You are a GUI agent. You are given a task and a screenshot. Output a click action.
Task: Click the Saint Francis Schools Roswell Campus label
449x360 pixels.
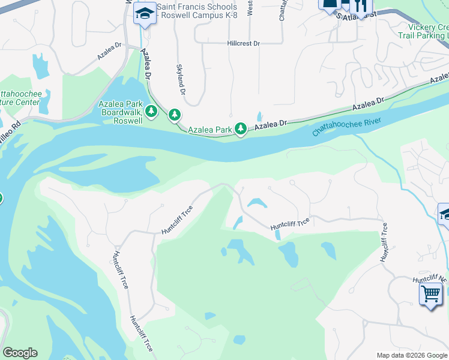tap(197, 11)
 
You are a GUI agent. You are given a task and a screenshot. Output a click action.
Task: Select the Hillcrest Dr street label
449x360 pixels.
tap(243, 43)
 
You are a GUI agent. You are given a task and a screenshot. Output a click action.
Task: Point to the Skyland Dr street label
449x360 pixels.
tap(181, 80)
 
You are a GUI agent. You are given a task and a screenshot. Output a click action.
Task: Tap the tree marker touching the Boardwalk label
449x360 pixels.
tap(152, 111)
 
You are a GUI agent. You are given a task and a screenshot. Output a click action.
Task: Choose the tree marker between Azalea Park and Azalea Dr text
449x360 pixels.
tap(241, 128)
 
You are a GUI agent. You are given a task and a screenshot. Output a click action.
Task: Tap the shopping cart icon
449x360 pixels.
tap(430, 295)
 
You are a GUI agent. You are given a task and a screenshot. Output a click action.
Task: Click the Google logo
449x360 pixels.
tap(20, 353)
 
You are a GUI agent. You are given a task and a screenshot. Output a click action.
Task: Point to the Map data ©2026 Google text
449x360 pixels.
tap(411, 355)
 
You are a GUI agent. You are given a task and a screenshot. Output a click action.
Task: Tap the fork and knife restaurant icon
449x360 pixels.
tap(361, 5)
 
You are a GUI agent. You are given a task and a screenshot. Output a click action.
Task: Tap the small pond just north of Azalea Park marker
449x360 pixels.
tap(259, 116)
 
